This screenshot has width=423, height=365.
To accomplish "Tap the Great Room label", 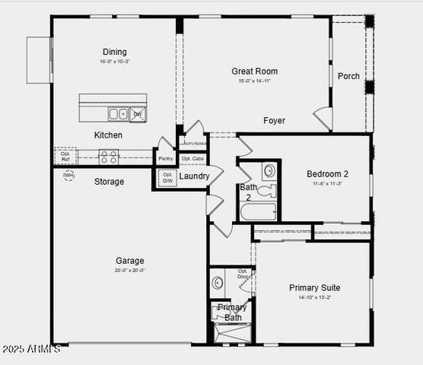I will pyautogui.click(x=255, y=71).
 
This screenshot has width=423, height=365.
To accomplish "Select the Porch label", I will pyautogui.click(x=348, y=76).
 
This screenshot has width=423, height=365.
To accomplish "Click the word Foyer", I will pyautogui.click(x=275, y=121).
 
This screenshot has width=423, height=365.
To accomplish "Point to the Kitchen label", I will pyautogui.click(x=108, y=135).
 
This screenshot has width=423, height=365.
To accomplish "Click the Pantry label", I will pyautogui.click(x=166, y=158).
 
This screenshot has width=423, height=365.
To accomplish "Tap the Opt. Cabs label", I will pyautogui.click(x=192, y=158).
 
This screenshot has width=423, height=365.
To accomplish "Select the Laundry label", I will pyautogui.click(x=195, y=176).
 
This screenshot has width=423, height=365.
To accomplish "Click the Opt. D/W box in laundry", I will pyautogui.click(x=167, y=178).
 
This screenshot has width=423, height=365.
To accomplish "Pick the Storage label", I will pyautogui.click(x=109, y=182).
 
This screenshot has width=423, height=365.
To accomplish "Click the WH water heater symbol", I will pyautogui.click(x=68, y=176).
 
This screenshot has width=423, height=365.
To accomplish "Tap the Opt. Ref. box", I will pyautogui.click(x=65, y=156).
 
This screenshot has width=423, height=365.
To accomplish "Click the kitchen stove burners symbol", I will pyautogui.click(x=109, y=157).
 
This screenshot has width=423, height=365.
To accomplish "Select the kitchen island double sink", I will pyautogui.click(x=118, y=114).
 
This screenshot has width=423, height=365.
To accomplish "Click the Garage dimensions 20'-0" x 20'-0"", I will pyautogui.click(x=129, y=270).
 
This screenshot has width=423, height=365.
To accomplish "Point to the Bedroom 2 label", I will pyautogui.click(x=327, y=173).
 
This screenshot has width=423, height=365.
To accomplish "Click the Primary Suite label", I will pyautogui.click(x=314, y=287).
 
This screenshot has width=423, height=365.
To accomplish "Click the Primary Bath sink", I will pyautogui.click(x=218, y=284).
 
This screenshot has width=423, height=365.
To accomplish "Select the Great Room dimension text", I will pyautogui.click(x=255, y=81).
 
